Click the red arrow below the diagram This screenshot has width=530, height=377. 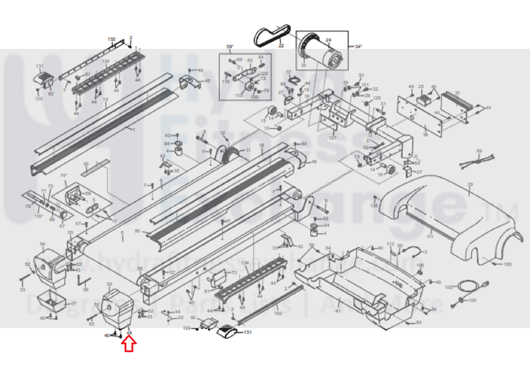pyautogui.click(x=129, y=345)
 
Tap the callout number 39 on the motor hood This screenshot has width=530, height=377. pyautogui.click(x=470, y=185)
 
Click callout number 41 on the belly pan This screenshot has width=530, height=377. pyautogui.click(x=338, y=310)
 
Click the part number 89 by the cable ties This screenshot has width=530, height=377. pyautogui.click(x=479, y=151)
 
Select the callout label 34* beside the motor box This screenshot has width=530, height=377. pyautogui.click(x=358, y=46)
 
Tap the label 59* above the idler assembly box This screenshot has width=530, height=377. pyautogui.click(x=230, y=47)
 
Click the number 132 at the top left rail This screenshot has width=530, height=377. pyautogui.click(x=112, y=39)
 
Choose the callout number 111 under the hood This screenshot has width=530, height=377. pyautogui.click(x=430, y=237)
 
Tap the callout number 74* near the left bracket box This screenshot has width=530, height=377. pyautogui.click(x=64, y=176)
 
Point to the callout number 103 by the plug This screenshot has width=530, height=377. pyautogui.click(x=472, y=300)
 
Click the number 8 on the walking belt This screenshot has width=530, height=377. pyautogui.click(x=122, y=233)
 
